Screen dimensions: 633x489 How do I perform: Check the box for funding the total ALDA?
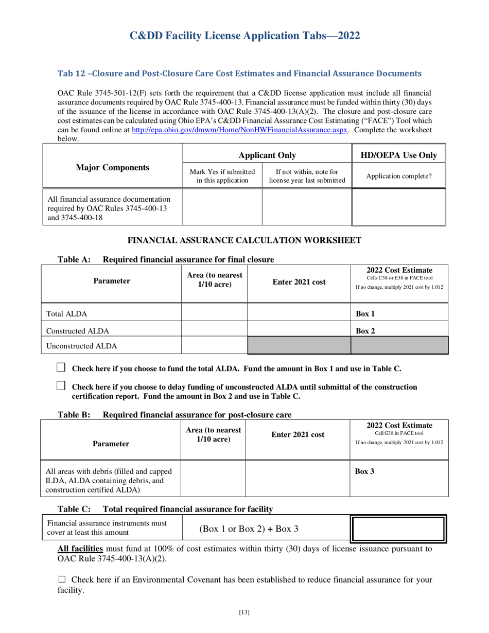pos(61,367)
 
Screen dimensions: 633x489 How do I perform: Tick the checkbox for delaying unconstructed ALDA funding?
pos(61,385)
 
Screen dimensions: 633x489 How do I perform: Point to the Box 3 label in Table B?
pos(365,470)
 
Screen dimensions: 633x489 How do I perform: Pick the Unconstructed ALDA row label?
pos(82,346)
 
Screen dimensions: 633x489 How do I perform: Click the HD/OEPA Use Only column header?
pos(399,155)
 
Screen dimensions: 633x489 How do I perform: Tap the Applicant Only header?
pos(267,155)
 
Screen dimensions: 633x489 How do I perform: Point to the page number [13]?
pos(244,612)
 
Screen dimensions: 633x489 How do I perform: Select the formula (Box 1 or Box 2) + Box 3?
pos(249,528)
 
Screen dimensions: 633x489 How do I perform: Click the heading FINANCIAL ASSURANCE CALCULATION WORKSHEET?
pos(244,240)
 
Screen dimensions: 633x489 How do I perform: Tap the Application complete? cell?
pos(399,176)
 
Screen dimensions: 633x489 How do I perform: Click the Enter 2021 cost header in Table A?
pos(299,282)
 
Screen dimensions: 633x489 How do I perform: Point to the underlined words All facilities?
pos(83,549)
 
